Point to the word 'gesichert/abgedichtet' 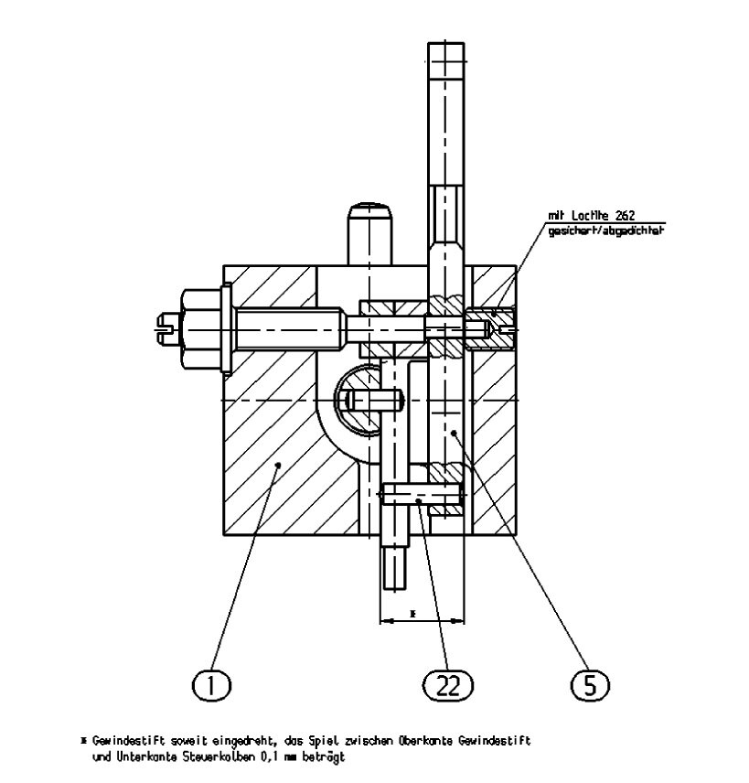click(x=605, y=231)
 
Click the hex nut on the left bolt click(x=200, y=329)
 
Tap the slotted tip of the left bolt click(x=166, y=329)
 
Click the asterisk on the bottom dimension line click(x=412, y=612)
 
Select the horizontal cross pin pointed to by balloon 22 click(x=421, y=499)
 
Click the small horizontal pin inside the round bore click(x=376, y=400)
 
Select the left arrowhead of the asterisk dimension click(x=384, y=621)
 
